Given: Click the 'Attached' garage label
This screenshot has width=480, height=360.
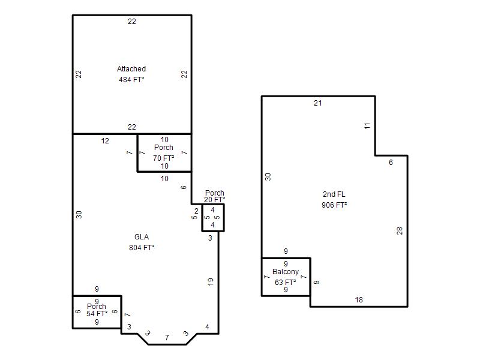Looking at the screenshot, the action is click(x=131, y=69).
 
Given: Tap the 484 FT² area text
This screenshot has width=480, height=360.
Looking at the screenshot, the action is click(x=131, y=80).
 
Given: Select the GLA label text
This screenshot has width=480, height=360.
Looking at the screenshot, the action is click(x=142, y=237).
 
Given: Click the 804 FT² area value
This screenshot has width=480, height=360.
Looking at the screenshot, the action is click(x=142, y=247).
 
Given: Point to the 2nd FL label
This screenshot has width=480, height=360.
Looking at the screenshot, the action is click(x=334, y=194).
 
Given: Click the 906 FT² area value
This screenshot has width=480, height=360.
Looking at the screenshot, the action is click(x=334, y=205).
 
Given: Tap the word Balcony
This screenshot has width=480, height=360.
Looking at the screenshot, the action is click(x=286, y=272).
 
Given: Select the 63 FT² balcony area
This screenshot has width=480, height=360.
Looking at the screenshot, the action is click(x=286, y=282).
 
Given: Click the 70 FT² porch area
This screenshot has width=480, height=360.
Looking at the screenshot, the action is click(x=164, y=158).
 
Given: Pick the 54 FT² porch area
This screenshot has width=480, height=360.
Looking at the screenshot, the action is click(x=97, y=314).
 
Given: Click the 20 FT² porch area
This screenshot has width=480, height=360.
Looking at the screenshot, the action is click(x=215, y=200).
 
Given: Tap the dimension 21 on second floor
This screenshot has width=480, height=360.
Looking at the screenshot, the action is click(x=318, y=103).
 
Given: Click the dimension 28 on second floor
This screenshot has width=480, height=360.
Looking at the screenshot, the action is click(x=400, y=231).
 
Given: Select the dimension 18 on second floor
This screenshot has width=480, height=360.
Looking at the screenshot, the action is click(x=359, y=300).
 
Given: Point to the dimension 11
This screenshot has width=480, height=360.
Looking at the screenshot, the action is click(x=367, y=125).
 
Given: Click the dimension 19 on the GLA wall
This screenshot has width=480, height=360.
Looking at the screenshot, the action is click(x=211, y=282).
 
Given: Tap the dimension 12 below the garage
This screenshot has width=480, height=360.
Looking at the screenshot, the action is click(x=105, y=141).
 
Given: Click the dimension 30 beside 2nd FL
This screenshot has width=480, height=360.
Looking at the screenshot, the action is click(x=268, y=177).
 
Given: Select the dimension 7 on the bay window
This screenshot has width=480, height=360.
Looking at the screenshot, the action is click(x=167, y=338).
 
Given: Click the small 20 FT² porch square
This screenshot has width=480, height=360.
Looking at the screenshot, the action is click(x=213, y=218).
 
